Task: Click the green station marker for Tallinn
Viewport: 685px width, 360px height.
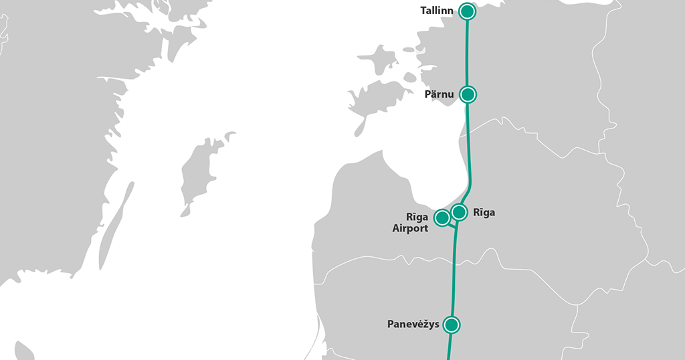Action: pyautogui.click(x=467, y=11)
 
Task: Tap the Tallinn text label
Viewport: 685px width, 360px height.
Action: pyautogui.click(x=437, y=11)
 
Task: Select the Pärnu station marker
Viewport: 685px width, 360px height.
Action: pyautogui.click(x=468, y=94)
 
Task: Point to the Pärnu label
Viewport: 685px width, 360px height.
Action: pyautogui.click(x=439, y=95)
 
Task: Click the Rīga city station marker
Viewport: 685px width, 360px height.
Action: pyautogui.click(x=459, y=212)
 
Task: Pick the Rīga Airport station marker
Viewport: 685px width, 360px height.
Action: pyautogui.click(x=442, y=217)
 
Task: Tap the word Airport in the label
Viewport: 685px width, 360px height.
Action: pyautogui.click(x=410, y=228)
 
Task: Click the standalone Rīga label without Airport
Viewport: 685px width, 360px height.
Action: pyautogui.click(x=484, y=213)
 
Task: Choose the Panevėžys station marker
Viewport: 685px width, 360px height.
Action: pyautogui.click(x=452, y=325)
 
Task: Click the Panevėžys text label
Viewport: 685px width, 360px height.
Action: pyautogui.click(x=413, y=325)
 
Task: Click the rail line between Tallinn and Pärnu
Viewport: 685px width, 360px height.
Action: pyautogui.click(x=467, y=54)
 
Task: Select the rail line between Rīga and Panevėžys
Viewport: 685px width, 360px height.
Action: pyautogui.click(x=455, y=274)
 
